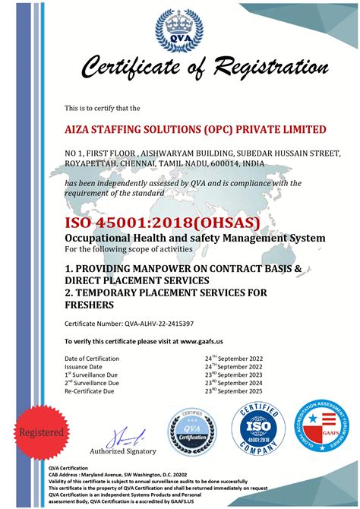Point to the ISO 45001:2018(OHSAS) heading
(x=162, y=223)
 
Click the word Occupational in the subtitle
(x=103, y=238)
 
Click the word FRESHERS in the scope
(x=90, y=305)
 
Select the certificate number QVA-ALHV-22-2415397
(x=162, y=323)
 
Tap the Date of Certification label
(x=92, y=359)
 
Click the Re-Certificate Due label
(x=89, y=391)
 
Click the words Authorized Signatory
(x=123, y=451)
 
